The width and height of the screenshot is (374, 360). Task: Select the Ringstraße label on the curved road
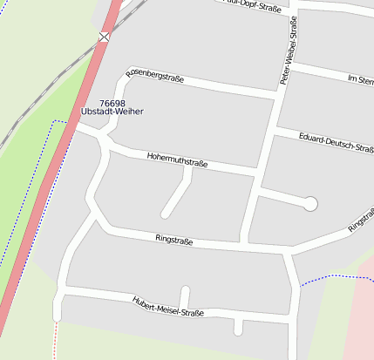[174, 239]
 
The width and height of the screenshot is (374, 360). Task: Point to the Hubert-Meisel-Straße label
[167, 307]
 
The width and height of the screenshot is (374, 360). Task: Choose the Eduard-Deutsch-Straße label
[336, 143]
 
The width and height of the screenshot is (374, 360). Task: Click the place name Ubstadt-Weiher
[112, 112]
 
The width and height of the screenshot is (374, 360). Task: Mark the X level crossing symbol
[105, 37]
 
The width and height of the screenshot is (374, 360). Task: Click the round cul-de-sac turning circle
[309, 204]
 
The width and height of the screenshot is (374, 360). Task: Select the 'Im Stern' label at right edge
[360, 80]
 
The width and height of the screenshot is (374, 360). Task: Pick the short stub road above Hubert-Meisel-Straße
[184, 295]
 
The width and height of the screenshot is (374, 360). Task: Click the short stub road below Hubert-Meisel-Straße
[238, 326]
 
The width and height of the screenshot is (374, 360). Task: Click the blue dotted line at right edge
[336, 277]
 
